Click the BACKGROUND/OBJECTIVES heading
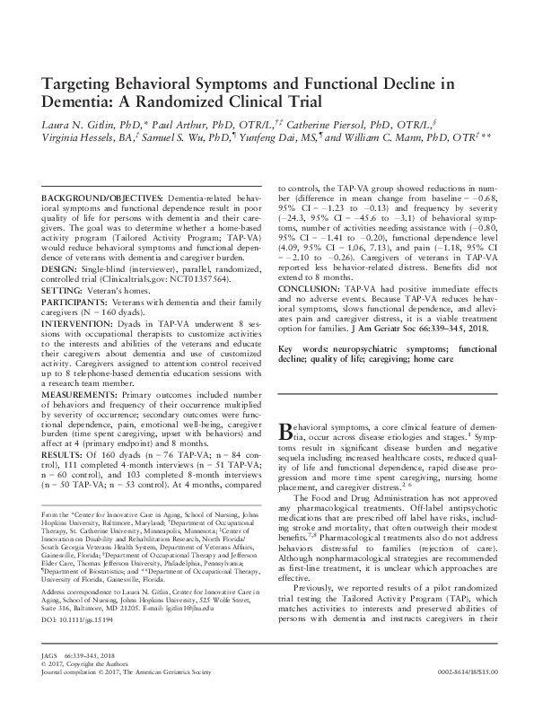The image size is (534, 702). (x=104, y=197)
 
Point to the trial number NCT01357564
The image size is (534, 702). (x=191, y=280)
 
